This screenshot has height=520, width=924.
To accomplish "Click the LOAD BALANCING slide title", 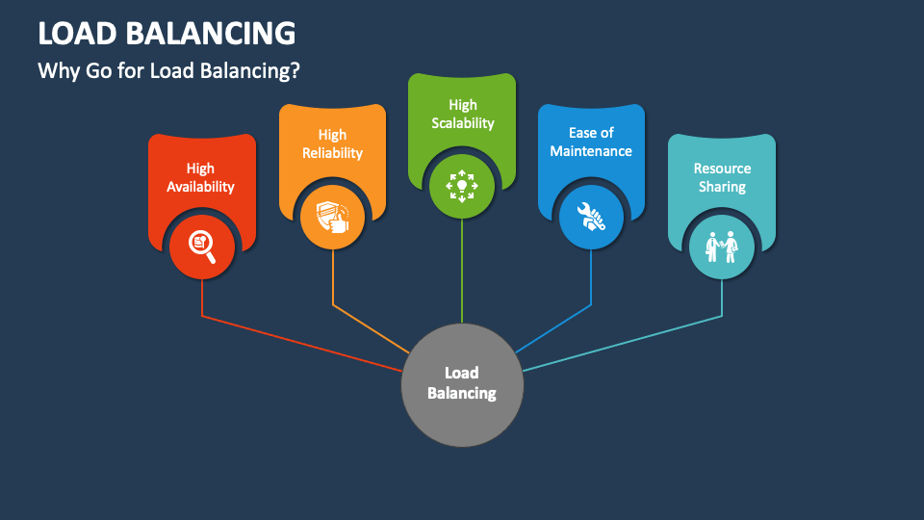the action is (x=167, y=33).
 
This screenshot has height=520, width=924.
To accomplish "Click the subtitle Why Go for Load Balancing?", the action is (x=169, y=70).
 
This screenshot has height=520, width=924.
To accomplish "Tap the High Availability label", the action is (x=200, y=177).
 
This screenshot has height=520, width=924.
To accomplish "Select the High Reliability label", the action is (x=332, y=143).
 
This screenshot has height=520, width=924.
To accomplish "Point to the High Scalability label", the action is (x=463, y=114).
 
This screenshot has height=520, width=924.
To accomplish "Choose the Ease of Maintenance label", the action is (x=591, y=143).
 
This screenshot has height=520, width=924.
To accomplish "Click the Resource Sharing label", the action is (x=722, y=177).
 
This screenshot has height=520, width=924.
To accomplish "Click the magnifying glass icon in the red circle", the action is (x=202, y=247).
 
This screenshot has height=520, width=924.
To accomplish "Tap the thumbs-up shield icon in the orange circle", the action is (x=332, y=217).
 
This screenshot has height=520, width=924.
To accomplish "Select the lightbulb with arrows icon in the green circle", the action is (x=462, y=186).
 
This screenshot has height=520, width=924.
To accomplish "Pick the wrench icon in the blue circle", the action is (x=591, y=217).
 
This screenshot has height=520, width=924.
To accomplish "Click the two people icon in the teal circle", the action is (x=722, y=247).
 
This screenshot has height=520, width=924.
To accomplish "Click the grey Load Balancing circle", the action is (x=462, y=385).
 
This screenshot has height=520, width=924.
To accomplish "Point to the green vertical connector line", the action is (x=462, y=271).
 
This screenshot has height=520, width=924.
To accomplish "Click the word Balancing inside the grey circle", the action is (x=462, y=393).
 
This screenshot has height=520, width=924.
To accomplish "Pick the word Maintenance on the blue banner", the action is (x=591, y=151).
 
